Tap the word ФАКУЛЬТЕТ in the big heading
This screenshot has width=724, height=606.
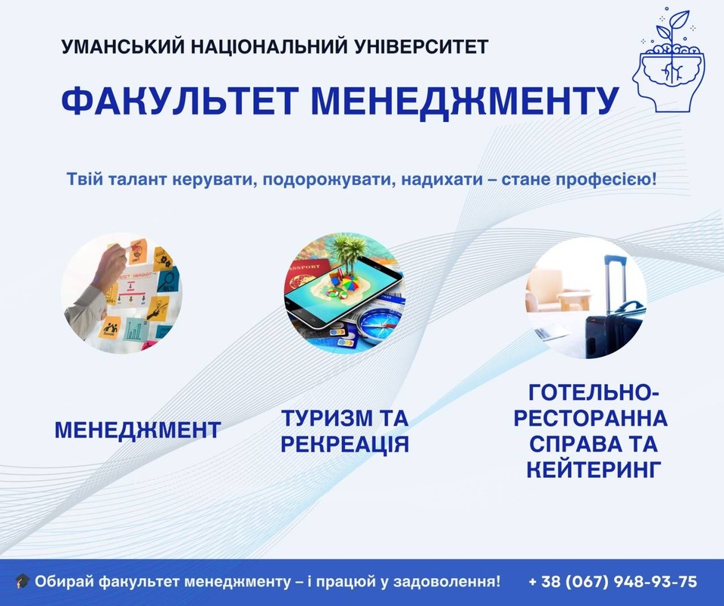[177, 100]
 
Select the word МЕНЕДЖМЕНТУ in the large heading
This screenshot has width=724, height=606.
[465, 101]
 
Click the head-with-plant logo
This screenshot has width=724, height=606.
[669, 60]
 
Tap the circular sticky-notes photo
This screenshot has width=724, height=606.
[122, 293]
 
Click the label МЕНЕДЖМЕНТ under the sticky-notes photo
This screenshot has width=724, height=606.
[137, 430]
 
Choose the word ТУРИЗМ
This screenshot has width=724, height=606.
[327, 418]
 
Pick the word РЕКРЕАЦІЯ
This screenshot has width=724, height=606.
[345, 444]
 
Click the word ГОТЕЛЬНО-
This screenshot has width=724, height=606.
[594, 393]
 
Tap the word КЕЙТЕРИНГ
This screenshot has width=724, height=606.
[594, 470]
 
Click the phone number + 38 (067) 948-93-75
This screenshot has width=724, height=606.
[613, 581]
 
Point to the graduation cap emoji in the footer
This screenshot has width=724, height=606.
[22, 581]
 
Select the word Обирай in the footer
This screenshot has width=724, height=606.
[64, 582]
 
